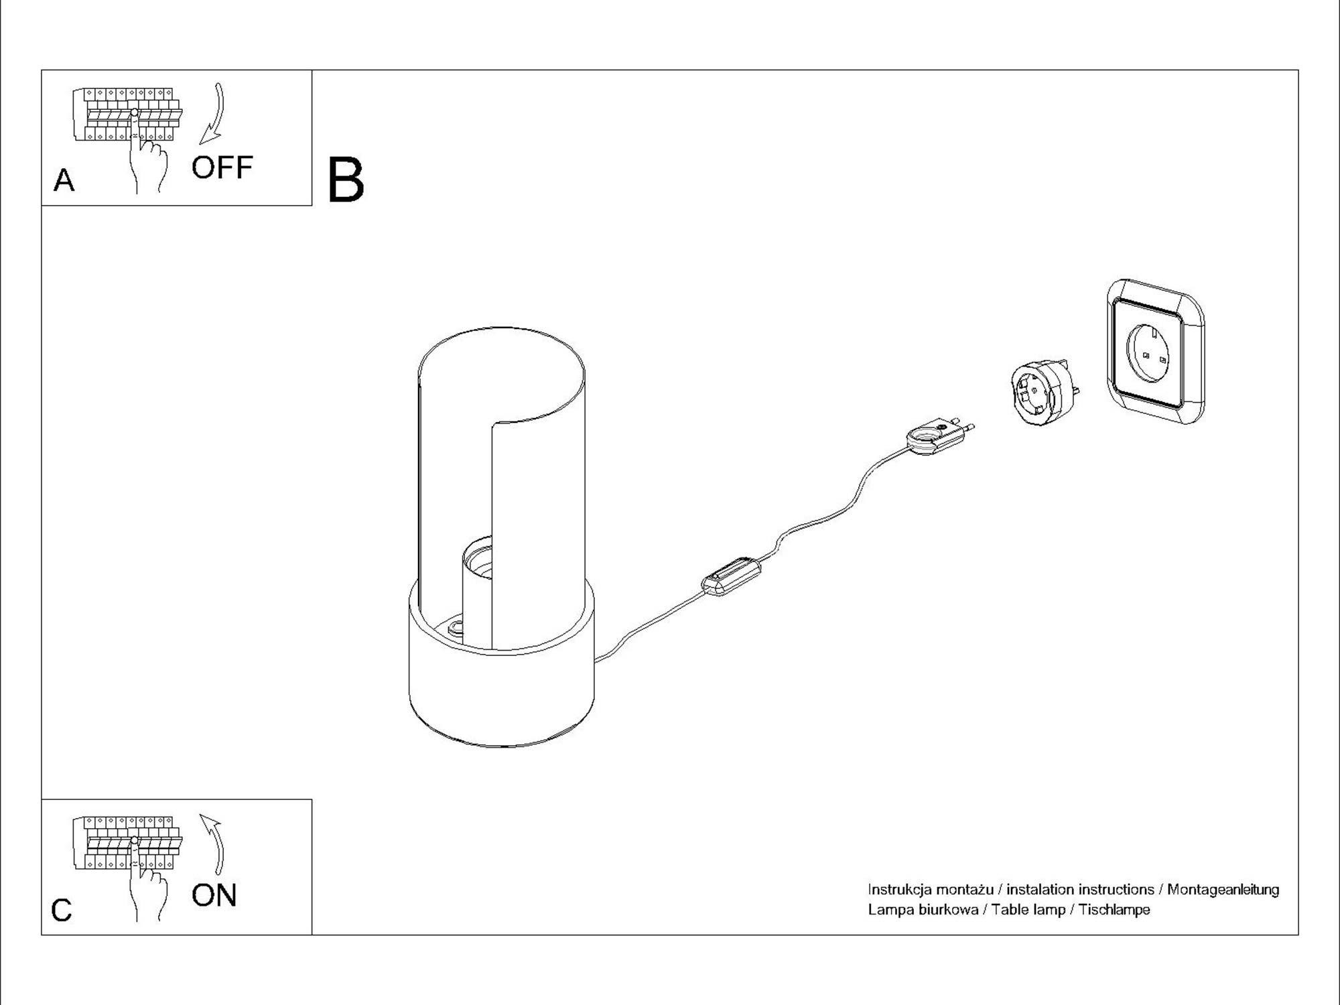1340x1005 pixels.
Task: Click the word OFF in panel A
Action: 222,167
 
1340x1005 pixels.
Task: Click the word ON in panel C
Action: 214,896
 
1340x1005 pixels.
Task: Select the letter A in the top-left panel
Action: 64,180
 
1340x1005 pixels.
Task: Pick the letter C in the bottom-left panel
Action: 61,910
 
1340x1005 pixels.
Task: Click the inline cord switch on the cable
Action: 731,576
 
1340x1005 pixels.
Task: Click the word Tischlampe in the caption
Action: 1114,910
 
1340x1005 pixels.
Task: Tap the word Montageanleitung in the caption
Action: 1223,890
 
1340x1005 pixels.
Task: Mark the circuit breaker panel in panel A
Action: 127,114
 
